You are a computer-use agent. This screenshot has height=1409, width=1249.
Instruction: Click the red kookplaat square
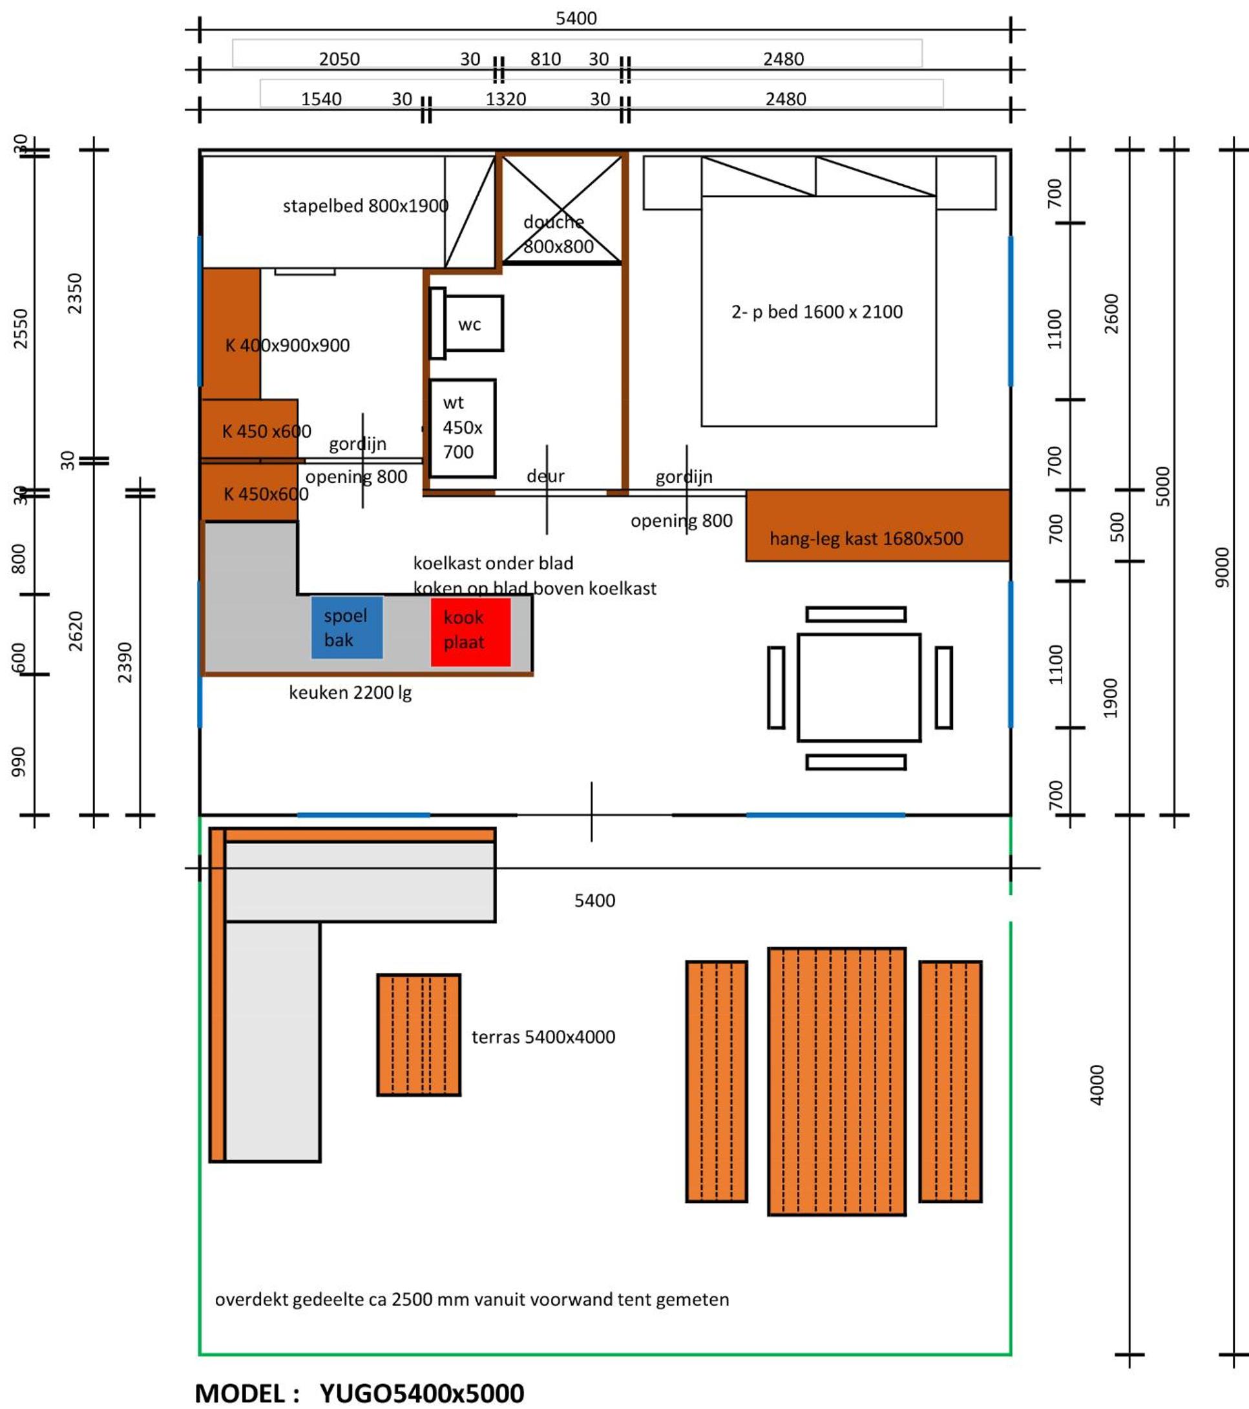(471, 631)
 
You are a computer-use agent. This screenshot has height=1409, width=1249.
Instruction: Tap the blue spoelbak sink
(347, 628)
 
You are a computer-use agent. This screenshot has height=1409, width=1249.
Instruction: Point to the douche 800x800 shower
(562, 209)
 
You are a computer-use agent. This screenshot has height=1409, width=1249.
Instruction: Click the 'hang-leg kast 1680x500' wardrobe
(878, 525)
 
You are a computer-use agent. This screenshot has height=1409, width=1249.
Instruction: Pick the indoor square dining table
(859, 687)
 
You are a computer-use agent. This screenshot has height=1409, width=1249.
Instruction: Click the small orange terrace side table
(419, 1034)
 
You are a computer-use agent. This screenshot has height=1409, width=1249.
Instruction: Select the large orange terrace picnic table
(837, 1081)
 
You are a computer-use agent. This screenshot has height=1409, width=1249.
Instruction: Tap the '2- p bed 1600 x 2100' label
(817, 312)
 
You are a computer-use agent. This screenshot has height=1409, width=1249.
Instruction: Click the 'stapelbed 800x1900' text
(365, 206)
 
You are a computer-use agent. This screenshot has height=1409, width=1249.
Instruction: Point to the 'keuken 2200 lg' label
(350, 692)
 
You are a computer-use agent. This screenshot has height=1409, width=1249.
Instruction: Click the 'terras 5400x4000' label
(543, 1037)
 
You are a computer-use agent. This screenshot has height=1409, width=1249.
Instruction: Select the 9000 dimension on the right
(1221, 567)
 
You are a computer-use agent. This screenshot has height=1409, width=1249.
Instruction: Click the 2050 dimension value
(339, 59)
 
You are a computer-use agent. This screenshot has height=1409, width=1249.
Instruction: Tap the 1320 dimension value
(505, 99)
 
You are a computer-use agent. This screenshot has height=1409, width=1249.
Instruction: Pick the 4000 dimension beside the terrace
(1097, 1085)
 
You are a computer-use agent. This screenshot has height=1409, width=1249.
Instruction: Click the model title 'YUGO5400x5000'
(422, 1393)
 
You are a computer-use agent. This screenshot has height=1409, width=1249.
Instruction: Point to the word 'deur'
(545, 476)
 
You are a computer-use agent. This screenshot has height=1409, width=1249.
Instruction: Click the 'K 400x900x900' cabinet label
(288, 344)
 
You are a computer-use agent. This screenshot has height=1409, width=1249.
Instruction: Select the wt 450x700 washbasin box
(462, 427)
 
